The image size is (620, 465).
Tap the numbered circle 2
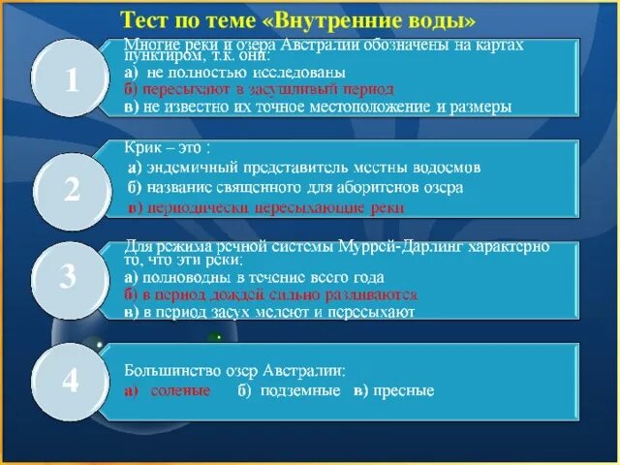click(73, 191)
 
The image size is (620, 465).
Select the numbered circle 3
click(68, 278)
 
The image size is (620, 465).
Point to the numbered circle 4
click(71, 381)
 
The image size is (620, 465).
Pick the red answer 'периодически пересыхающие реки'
click(266, 207)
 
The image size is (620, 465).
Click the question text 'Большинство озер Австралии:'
click(233, 370)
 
